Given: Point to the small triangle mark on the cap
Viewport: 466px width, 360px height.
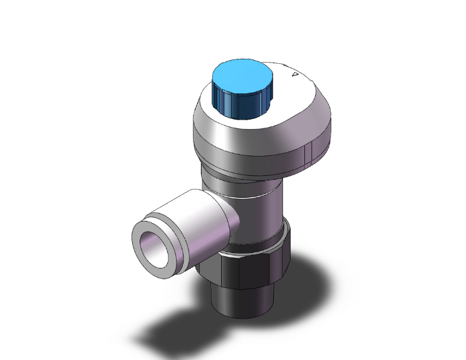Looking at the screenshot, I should pos(294,75).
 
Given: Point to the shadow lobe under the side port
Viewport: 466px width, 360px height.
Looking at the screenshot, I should pos(169,326).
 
